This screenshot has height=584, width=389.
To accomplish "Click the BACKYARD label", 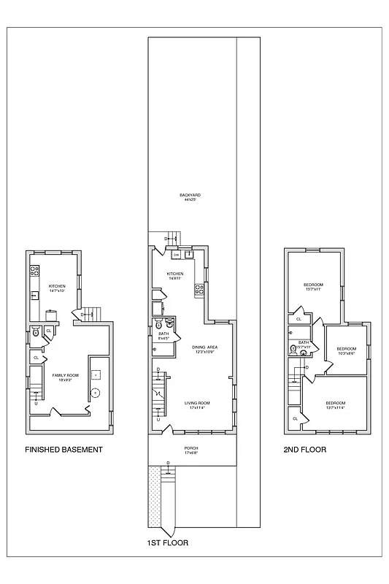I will (x=190, y=195).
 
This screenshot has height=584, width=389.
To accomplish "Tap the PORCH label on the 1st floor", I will (x=190, y=447).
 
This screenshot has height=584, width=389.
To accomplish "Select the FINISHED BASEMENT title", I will (x=63, y=450).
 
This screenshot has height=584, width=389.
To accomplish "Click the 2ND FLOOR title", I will (x=304, y=450).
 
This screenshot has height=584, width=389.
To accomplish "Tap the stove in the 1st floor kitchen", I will (x=198, y=290).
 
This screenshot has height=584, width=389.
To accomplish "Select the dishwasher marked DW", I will (x=176, y=255).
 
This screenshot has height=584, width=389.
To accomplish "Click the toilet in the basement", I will (x=36, y=334).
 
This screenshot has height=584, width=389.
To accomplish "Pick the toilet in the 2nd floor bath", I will (x=293, y=350).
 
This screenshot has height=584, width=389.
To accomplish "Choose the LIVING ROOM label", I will (x=196, y=403).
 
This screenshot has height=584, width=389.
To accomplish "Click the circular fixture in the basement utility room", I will (x=95, y=393).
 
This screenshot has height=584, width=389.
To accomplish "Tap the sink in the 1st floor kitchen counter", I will (x=188, y=255).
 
